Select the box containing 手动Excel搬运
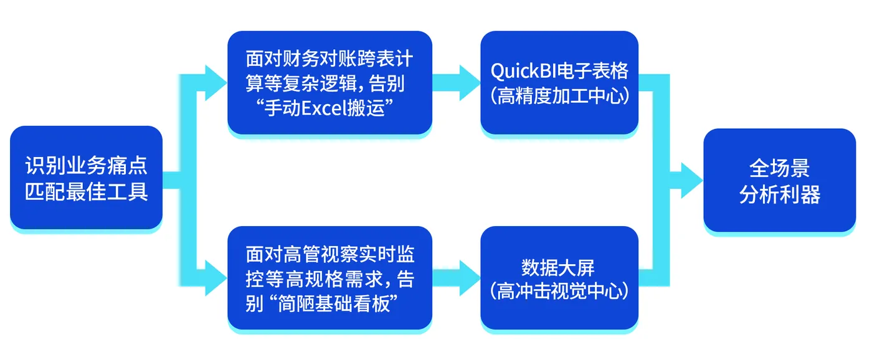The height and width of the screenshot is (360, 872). click(x=329, y=82)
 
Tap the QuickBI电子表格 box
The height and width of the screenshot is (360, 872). click(x=559, y=82)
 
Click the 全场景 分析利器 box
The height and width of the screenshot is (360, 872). click(x=779, y=180)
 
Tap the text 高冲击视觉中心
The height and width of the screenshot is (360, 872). click(x=559, y=292)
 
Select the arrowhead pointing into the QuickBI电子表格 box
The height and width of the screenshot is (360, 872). click(x=470, y=83)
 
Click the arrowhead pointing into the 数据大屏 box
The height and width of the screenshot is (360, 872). click(x=470, y=278)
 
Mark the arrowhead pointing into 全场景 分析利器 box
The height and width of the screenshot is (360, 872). click(x=690, y=180)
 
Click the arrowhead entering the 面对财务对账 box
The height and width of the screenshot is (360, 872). click(x=216, y=83)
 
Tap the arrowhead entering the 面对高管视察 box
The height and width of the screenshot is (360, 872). click(x=216, y=278)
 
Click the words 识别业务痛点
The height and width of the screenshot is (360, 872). click(x=86, y=165)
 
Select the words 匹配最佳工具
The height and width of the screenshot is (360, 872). click(x=86, y=191)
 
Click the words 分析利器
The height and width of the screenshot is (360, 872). click(x=779, y=194)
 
